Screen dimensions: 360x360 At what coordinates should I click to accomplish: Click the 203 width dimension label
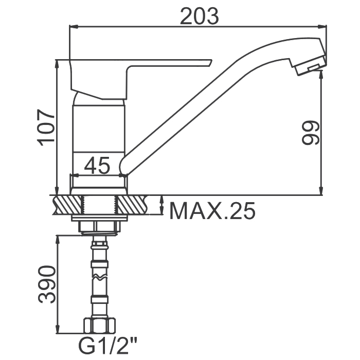coord(200,16)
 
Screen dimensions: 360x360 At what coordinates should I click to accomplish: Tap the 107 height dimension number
coord(46,128)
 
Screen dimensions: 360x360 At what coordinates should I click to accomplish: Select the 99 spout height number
coord(310,133)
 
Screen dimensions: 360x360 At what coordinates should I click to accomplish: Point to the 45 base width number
coord(97,165)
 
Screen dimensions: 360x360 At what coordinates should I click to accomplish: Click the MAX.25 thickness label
coord(212,211)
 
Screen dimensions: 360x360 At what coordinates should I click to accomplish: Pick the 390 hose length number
coord(47,284)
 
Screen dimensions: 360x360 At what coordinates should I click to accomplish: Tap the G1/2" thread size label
coord(108,348)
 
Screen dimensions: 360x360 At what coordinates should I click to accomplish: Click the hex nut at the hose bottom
coord(99,326)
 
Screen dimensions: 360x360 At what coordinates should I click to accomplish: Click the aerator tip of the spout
coord(310,65)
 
